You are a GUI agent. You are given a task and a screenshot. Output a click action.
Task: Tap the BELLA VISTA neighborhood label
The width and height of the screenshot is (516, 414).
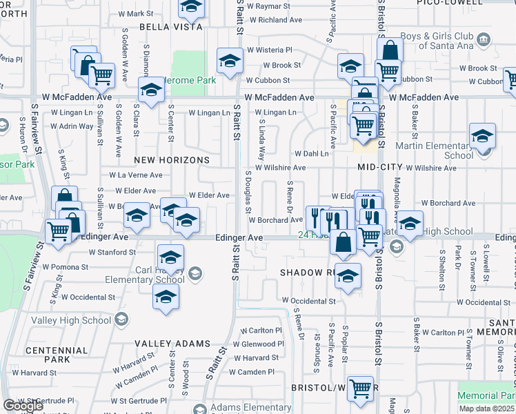pos(171,27)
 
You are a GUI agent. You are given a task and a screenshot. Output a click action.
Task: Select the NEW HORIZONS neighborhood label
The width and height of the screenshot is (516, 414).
pos(171,160)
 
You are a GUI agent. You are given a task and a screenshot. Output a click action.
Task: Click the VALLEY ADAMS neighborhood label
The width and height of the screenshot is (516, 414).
pos(172,344)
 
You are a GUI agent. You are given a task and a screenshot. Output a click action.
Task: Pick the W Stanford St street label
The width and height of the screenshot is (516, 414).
pos(112,253)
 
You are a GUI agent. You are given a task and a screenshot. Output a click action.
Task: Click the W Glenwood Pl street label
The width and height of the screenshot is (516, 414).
pos(257,344)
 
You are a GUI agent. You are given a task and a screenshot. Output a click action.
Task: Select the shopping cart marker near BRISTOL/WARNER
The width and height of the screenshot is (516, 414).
pos(360,388)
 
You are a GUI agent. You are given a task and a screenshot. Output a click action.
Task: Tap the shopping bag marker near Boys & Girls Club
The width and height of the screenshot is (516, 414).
pos(390,50)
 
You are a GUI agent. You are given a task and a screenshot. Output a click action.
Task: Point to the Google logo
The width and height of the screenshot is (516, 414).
pos(23,406)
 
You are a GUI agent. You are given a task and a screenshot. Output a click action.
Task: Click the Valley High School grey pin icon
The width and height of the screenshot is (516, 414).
pos(121,319)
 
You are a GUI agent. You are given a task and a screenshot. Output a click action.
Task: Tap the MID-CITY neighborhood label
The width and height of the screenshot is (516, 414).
pos(379,168)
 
